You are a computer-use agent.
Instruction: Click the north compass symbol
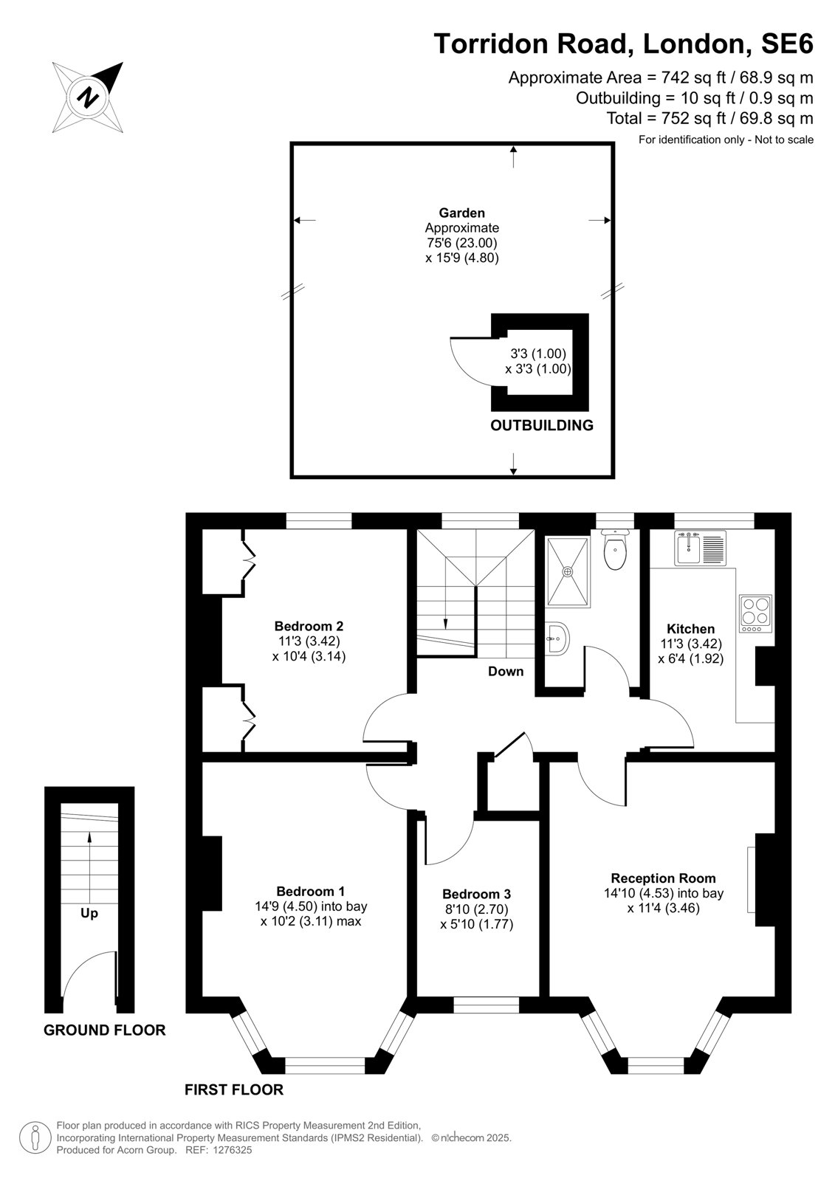coord(88,97)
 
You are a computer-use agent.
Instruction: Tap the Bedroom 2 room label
coord(309,626)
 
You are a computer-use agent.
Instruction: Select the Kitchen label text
coord(690,628)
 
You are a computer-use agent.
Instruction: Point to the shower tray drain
coord(568,571)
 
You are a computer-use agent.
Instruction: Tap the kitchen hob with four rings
coord(755,613)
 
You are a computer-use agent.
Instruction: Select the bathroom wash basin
coord(557,638)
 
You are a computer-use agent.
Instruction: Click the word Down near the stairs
coord(505,671)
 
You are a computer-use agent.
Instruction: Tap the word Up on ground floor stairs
coord(89,912)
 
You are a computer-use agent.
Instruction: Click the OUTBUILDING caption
coord(542,425)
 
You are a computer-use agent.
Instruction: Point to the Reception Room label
coord(663,878)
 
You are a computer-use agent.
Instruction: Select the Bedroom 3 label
coord(476,894)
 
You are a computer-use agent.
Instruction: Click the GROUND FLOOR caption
coord(104,1030)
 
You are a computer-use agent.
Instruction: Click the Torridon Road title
coord(533,44)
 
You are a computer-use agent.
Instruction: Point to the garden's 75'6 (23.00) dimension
coord(462,243)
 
